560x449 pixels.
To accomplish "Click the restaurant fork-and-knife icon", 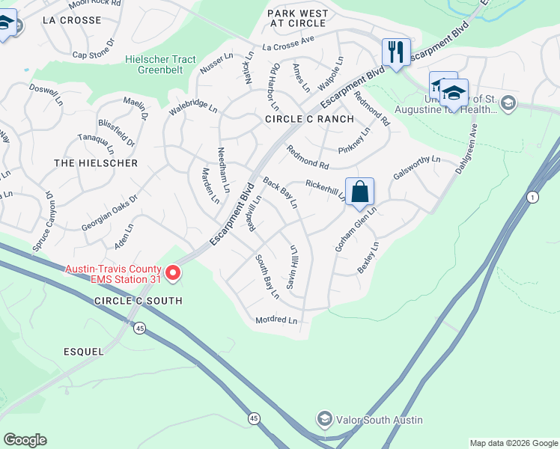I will pyautogui.click(x=396, y=52).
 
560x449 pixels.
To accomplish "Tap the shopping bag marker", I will pyautogui.click(x=360, y=191).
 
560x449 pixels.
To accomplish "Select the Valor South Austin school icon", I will pyautogui.click(x=324, y=419).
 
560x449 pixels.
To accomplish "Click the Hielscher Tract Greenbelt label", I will pyautogui.click(x=160, y=65).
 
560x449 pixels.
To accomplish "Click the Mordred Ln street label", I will pyautogui.click(x=276, y=320).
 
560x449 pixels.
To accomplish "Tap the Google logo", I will pyautogui.click(x=25, y=440).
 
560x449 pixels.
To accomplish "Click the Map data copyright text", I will pyautogui.click(x=514, y=443).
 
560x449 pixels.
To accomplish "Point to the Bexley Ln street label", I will pyautogui.click(x=368, y=257).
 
